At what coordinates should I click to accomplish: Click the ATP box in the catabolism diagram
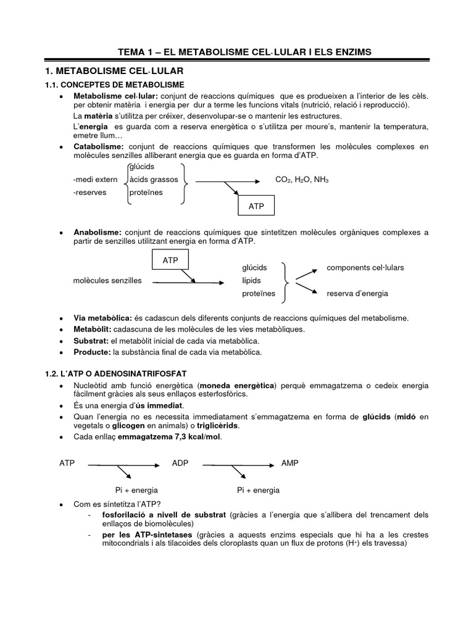coord(256,206)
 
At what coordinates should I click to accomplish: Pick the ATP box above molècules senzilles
coord(170,260)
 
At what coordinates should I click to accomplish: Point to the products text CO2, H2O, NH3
coord(302,180)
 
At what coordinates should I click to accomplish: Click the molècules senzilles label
coord(107,281)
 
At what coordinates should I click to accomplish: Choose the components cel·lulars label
coord(365,268)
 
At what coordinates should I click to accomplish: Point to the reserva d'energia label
coord(357,294)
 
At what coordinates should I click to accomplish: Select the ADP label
coord(180,463)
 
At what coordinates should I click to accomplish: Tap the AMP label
coord(289,463)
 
